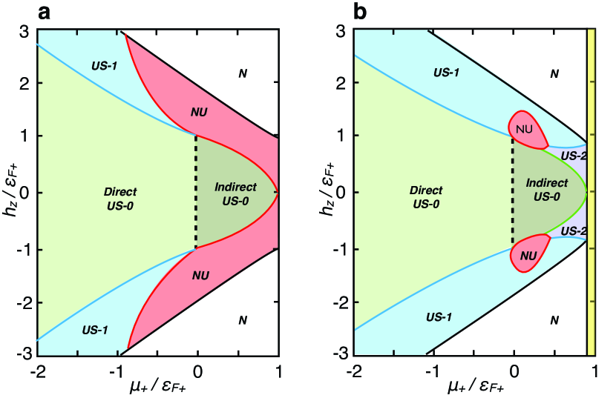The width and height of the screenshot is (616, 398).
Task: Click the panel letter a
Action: [x=10, y=11]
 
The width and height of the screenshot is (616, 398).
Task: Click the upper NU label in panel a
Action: [x=198, y=112]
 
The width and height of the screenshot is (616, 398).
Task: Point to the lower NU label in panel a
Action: [x=199, y=275]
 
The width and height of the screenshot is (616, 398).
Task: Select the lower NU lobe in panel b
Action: [x=527, y=253]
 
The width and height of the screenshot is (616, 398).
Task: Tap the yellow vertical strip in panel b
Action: [x=591, y=193]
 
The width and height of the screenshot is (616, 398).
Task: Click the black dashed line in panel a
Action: [x=197, y=193]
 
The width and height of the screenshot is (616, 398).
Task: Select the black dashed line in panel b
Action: [x=514, y=193]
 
